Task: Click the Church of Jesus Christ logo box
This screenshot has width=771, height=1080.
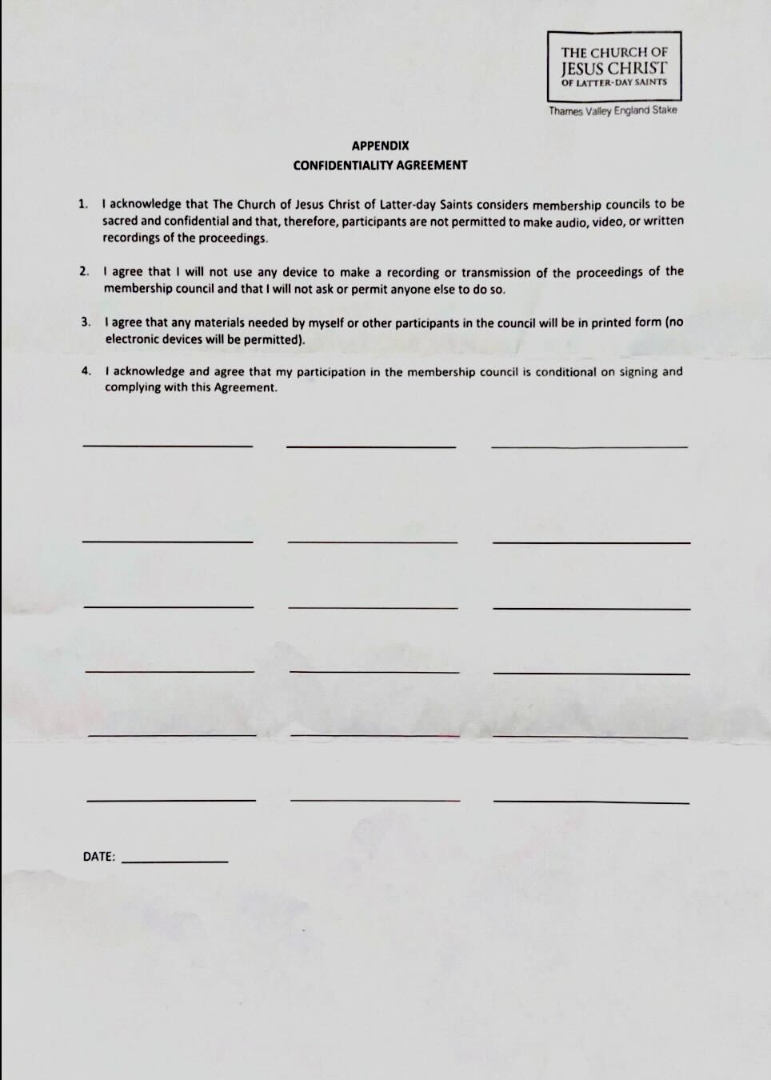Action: point(614,65)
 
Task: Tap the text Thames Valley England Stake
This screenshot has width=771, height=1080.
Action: point(613,110)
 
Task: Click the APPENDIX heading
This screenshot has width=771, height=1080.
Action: point(380,146)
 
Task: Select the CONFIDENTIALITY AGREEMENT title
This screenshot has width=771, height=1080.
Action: point(380,165)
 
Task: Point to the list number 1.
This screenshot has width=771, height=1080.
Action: point(83,204)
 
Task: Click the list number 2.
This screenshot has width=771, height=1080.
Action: point(84,271)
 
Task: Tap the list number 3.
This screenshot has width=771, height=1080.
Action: point(86,322)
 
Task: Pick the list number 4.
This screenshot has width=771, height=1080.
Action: point(86,371)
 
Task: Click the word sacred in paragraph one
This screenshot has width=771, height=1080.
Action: point(120,221)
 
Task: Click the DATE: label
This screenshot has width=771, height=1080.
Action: point(99,856)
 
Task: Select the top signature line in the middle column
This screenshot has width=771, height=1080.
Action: point(371,446)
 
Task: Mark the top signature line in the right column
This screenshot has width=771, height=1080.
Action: point(589,446)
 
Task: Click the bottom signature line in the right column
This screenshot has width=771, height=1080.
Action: point(592,802)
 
